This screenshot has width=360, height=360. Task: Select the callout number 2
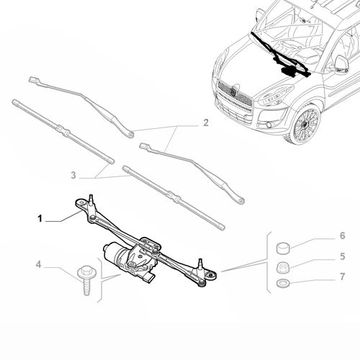[205, 123]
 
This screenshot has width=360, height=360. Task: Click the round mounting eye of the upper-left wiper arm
[130, 132]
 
